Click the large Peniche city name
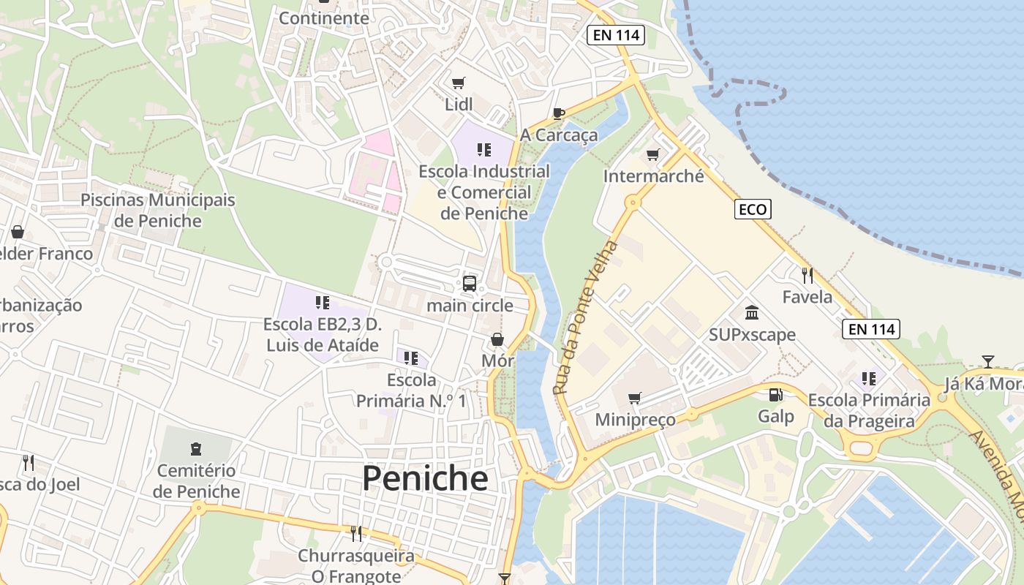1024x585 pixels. tap(425, 478)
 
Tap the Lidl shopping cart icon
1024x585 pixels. tap(459, 83)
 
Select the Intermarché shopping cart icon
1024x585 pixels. tap(653, 154)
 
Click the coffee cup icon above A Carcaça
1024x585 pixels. tap(559, 113)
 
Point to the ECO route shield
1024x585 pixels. tap(753, 210)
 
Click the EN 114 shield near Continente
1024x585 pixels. tap(615, 35)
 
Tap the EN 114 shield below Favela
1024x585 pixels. tap(870, 329)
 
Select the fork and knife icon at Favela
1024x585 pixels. tap(807, 276)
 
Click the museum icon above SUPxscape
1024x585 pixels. tap(751, 313)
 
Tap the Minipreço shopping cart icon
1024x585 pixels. tap(635, 398)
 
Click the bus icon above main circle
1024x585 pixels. tap(470, 284)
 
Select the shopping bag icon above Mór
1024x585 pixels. tap(497, 339)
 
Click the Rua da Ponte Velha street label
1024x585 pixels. tap(586, 317)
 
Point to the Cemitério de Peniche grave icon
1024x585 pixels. tap(196, 448)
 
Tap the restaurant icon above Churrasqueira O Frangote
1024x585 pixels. tap(356, 534)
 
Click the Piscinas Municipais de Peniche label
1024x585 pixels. tap(158, 210)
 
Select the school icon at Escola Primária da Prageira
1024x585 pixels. tap(869, 379)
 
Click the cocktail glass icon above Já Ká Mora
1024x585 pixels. tap(987, 361)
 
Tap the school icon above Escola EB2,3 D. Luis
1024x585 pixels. tap(323, 302)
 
